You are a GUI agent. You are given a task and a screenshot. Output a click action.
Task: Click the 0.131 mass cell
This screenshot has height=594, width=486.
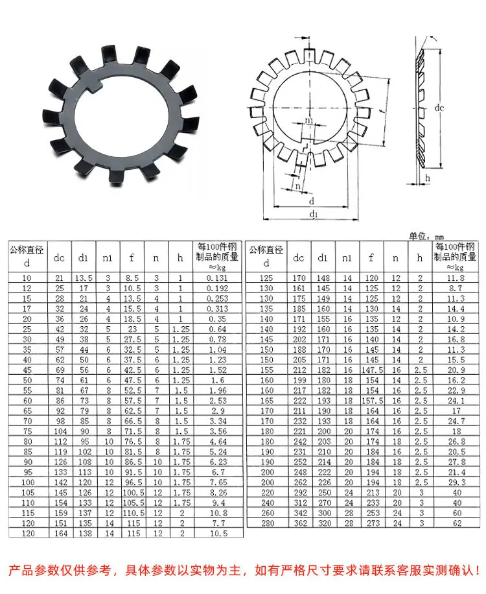(x=217, y=278)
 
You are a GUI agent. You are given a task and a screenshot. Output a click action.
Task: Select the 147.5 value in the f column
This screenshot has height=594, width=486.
(x=372, y=370)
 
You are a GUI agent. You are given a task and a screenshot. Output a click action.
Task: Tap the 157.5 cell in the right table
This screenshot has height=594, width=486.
(x=372, y=400)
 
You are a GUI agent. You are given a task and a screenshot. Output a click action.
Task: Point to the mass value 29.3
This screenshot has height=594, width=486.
(x=456, y=482)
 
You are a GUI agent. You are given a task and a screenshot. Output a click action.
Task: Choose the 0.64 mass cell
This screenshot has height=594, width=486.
(x=217, y=329)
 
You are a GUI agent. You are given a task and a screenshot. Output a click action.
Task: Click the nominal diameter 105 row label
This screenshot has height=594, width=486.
(x=28, y=492)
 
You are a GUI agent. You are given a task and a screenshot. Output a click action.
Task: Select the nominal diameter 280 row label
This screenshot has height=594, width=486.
(x=267, y=523)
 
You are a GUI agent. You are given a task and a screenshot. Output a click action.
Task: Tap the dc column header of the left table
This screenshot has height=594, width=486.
(x=59, y=258)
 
